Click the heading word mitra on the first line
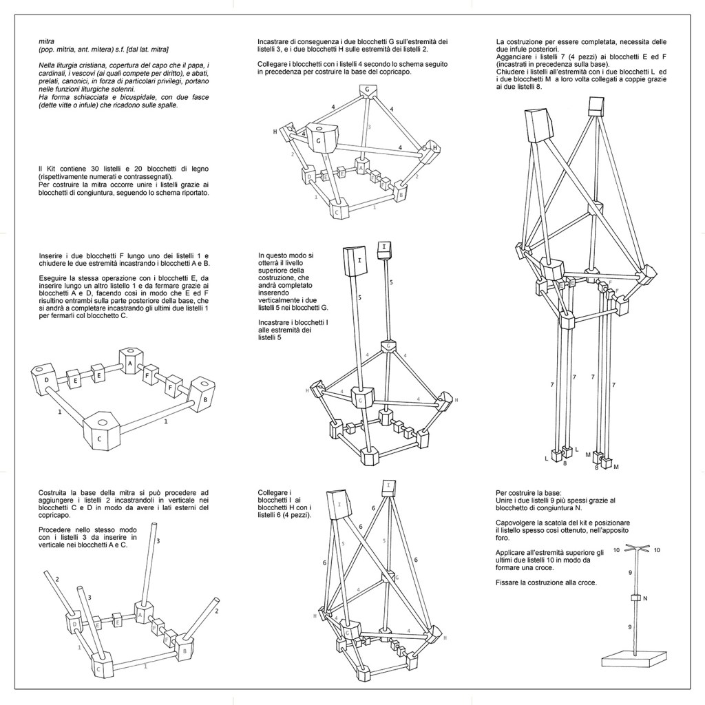[45, 41]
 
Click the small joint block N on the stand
[636, 598]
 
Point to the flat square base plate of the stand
[634, 657]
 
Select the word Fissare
[507, 583]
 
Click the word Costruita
[55, 493]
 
